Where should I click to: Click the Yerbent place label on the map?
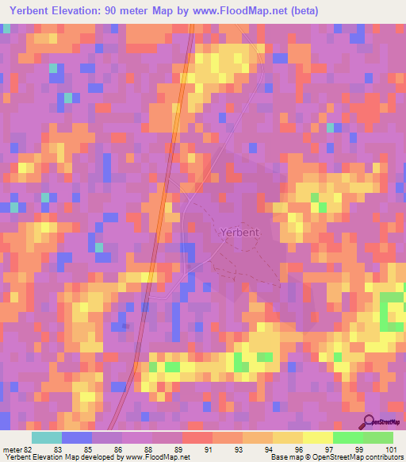[x=236, y=233]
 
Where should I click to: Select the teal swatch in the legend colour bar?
[x=46, y=437]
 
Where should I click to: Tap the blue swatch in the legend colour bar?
[x=76, y=437]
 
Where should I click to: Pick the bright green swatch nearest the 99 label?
[x=347, y=437]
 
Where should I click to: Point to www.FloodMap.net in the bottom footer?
[x=156, y=457]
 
